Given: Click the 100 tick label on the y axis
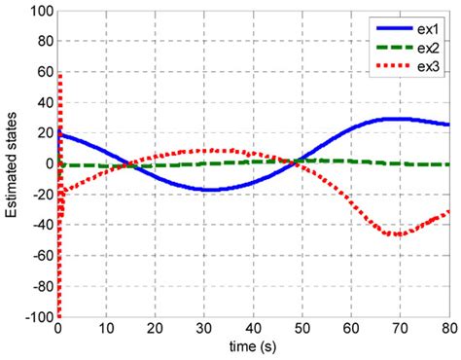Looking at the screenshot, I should pyautogui.click(x=40, y=11).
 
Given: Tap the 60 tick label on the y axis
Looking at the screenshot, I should pyautogui.click(x=43, y=72).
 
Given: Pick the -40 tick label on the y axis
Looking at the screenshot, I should pyautogui.click(x=40, y=226).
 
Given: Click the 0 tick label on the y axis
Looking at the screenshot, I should pyautogui.click(x=48, y=164).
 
